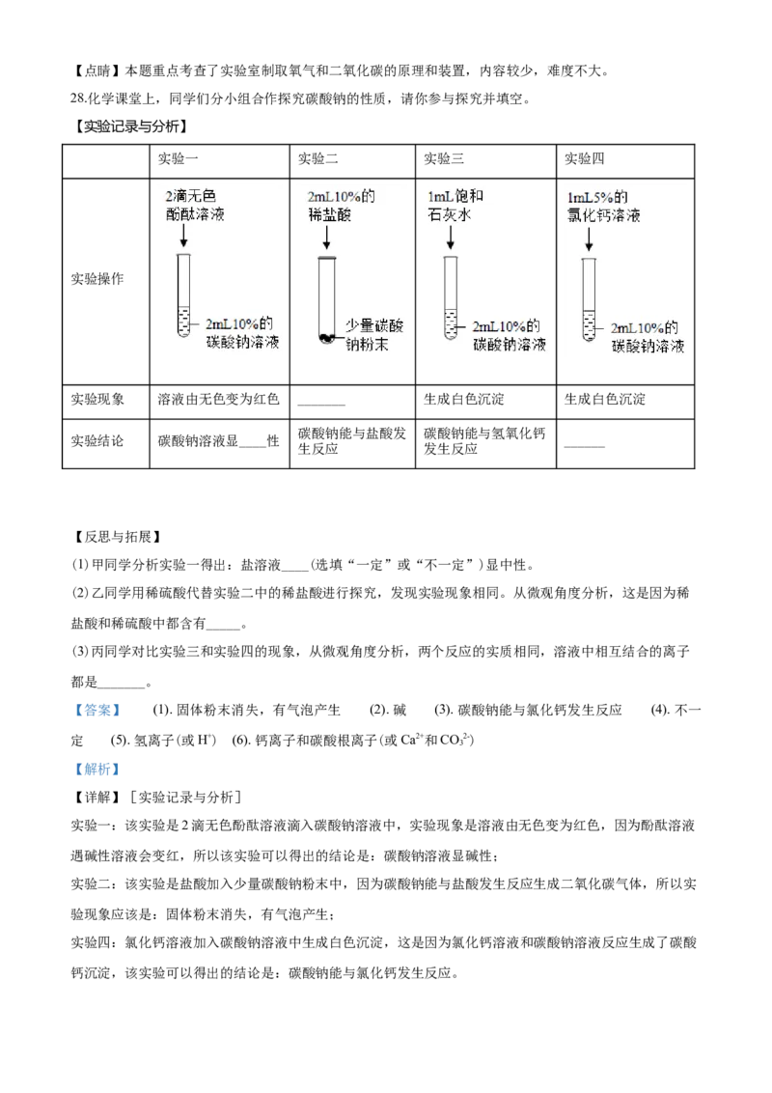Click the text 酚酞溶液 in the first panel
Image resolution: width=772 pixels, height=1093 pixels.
point(195,214)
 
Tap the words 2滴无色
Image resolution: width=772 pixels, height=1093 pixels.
point(191,196)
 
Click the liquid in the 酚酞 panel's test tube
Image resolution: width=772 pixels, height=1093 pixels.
point(183,321)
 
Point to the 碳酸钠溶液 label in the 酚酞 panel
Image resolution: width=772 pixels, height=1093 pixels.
point(241,343)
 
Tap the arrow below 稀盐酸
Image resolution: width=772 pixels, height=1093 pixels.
point(327,238)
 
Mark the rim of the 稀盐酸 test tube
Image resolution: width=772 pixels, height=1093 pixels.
point(326,258)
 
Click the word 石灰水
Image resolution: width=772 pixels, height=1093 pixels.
point(449,215)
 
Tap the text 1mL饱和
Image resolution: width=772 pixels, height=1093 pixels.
point(455,197)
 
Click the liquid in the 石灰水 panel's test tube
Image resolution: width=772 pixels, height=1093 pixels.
point(449,322)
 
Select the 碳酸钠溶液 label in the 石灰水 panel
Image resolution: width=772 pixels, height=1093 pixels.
point(509,344)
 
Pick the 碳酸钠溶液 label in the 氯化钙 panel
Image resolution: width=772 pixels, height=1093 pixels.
point(648,346)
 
